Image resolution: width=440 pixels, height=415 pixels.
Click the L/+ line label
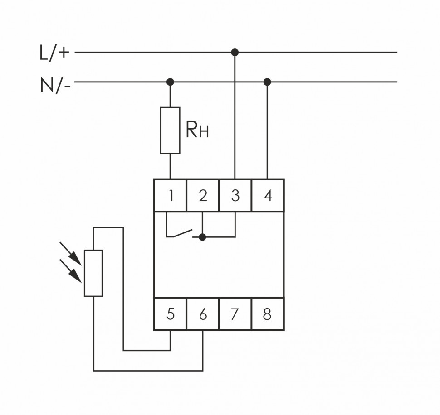pyautogui.click(x=55, y=53)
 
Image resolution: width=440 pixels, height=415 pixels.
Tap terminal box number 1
pyautogui.click(x=171, y=196)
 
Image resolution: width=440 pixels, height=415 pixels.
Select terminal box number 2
pyautogui.click(x=203, y=196)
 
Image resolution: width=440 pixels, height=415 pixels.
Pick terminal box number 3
pyautogui.click(x=235, y=196)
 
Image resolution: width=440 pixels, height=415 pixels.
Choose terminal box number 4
pyautogui.click(x=268, y=196)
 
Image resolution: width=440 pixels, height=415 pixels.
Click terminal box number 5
pyautogui.click(x=171, y=314)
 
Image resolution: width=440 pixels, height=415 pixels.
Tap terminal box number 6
pyautogui.click(x=203, y=314)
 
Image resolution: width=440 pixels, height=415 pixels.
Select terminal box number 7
pyautogui.click(x=235, y=314)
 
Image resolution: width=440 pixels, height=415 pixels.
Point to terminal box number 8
pyautogui.click(x=268, y=314)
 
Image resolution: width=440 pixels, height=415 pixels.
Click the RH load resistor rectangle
pyautogui.click(x=170, y=130)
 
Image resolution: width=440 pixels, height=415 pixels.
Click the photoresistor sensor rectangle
pyautogui.click(x=93, y=273)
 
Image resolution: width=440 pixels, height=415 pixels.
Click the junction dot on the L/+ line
pyautogui.click(x=235, y=52)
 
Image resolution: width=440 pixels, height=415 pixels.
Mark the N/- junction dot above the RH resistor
pyautogui.click(x=170, y=82)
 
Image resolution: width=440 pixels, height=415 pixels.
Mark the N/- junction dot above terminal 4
pyautogui.click(x=267, y=82)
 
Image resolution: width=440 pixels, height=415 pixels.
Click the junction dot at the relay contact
pyautogui.click(x=203, y=236)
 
